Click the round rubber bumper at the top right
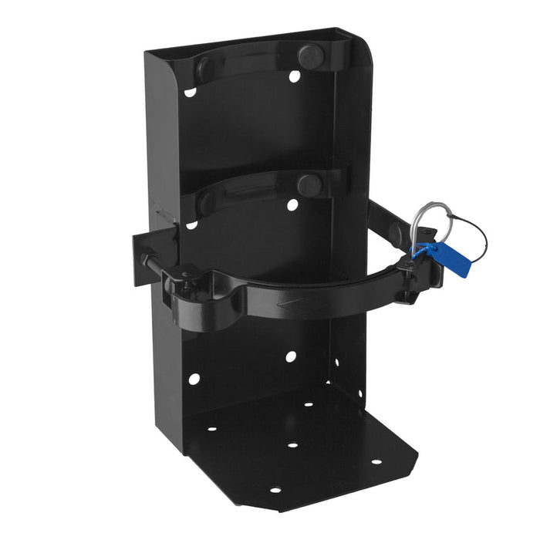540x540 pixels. pyautogui.click(x=311, y=55)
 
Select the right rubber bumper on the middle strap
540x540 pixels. pyautogui.click(x=309, y=184)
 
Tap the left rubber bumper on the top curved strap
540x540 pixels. pyautogui.click(x=205, y=68)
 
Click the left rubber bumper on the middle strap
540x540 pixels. pyautogui.click(x=204, y=202)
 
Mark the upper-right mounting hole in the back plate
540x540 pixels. pyautogui.click(x=295, y=76)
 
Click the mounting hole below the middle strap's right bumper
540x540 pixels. pyautogui.click(x=292, y=205)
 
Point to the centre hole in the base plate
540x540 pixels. pyautogui.click(x=292, y=445)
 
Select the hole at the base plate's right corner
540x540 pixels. pyautogui.click(x=376, y=462)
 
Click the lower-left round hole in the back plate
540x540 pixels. pyautogui.click(x=194, y=379)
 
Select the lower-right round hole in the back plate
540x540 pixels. pyautogui.click(x=291, y=356)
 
